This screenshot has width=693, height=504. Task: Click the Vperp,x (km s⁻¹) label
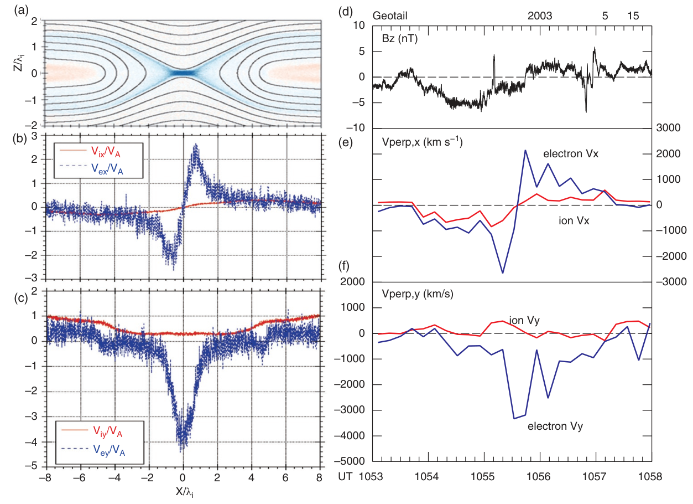pos(421,142)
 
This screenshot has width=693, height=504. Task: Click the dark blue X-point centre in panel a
pos(183,73)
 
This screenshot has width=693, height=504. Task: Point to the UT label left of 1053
pos(345,476)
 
